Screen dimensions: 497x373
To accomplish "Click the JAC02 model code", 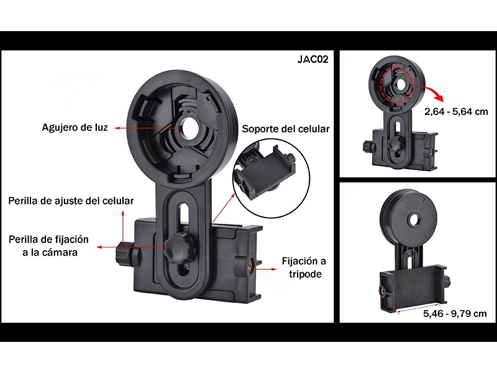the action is (313, 59).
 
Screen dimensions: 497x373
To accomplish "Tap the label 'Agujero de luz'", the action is (75, 127).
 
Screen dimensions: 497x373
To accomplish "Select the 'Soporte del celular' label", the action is (286, 129).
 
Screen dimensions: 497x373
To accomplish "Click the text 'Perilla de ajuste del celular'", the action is (71, 201).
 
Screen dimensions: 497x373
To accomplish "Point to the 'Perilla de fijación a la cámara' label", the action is (49, 246).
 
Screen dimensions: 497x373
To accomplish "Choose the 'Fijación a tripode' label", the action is (304, 267).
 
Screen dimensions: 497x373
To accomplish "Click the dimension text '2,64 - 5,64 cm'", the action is (456, 112).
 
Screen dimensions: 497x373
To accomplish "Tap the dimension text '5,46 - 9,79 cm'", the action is (455, 314).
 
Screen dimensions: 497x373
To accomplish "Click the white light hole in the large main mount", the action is (189, 128).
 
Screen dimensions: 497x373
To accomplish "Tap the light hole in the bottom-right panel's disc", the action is (414, 220).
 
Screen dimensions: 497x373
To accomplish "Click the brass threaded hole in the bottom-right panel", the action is (385, 290).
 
